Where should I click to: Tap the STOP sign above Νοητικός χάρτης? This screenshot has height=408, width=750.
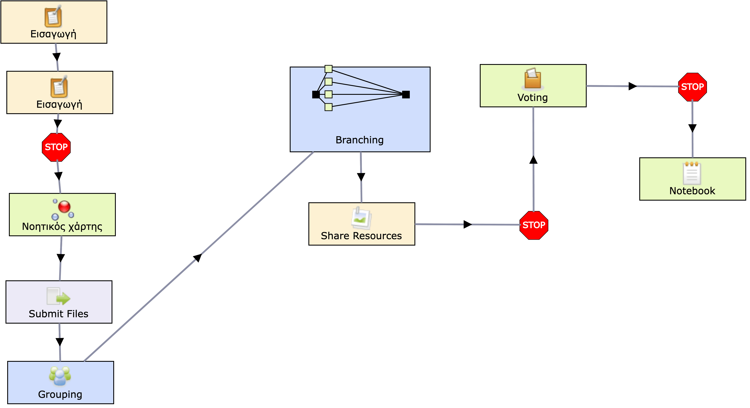pyautogui.click(x=56, y=147)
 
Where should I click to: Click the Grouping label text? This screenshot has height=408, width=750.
pyautogui.click(x=60, y=394)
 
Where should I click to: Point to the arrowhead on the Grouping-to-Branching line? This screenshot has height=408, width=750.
pyautogui.click(x=198, y=257)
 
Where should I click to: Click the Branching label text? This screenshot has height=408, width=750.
pyautogui.click(x=360, y=140)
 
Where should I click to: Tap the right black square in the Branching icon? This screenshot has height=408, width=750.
pyautogui.click(x=406, y=95)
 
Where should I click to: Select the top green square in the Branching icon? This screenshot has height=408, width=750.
pyautogui.click(x=328, y=69)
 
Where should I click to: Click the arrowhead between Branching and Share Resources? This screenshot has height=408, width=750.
pyautogui.click(x=361, y=177)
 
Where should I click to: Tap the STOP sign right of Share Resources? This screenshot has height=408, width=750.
pyautogui.click(x=534, y=225)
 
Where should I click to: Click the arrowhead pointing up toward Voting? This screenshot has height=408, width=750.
pyautogui.click(x=533, y=159)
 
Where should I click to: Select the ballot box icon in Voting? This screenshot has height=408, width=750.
pyautogui.click(x=533, y=79)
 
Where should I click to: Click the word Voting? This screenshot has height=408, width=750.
pyautogui.click(x=533, y=98)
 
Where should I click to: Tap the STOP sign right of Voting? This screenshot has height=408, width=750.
pyautogui.click(x=692, y=87)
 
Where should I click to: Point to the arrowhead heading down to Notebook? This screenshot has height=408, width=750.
pyautogui.click(x=692, y=128)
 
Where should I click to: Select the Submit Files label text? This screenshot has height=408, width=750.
pyautogui.click(x=59, y=314)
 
